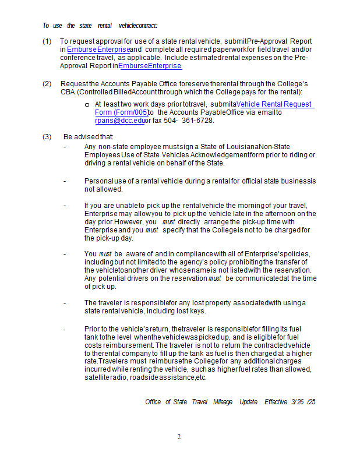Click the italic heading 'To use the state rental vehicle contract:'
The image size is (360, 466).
click(100, 26)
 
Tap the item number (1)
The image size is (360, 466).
click(47, 41)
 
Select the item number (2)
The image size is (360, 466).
click(47, 84)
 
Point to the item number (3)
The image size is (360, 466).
click(47, 137)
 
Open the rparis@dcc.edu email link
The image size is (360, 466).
click(119, 121)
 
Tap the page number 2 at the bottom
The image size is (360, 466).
click(179, 437)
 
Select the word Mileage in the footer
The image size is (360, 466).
click(222, 402)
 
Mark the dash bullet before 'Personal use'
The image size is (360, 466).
click(65, 181)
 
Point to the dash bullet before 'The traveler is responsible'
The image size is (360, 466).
click(65, 303)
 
